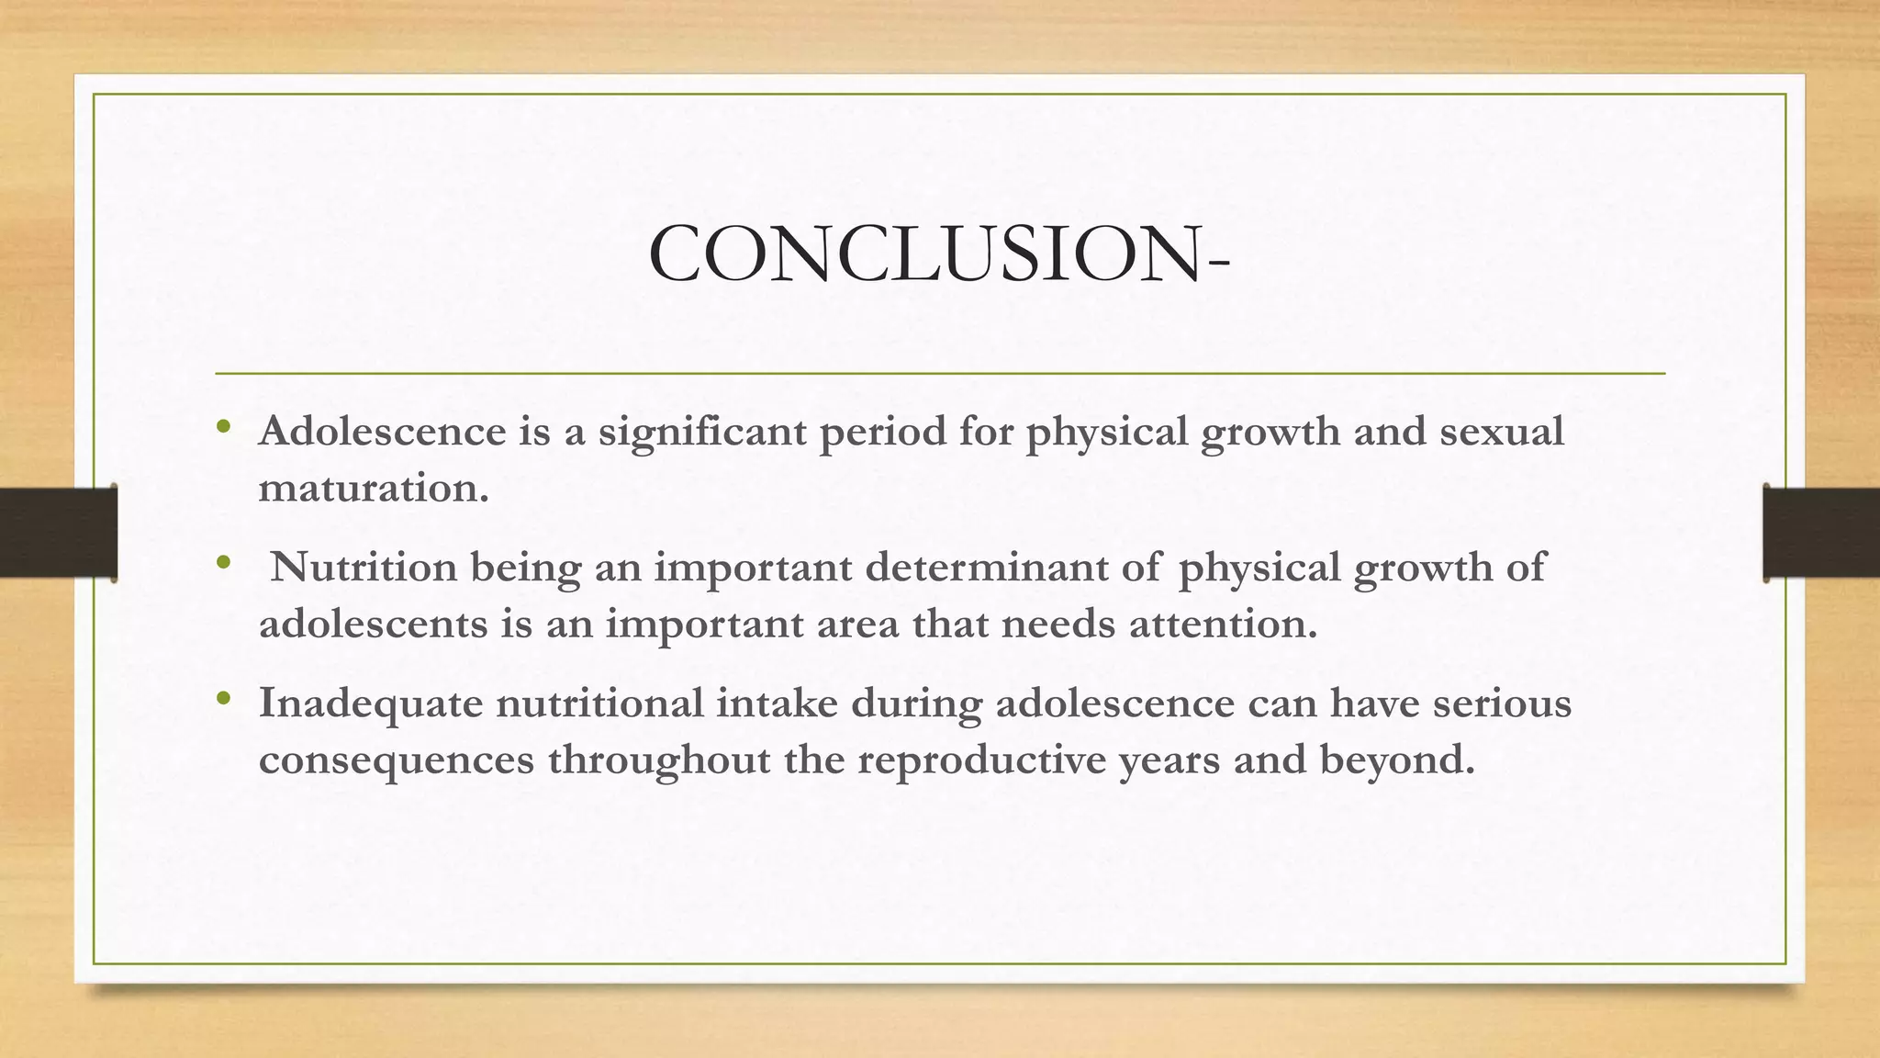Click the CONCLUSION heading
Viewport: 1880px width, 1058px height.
pyautogui.click(x=938, y=254)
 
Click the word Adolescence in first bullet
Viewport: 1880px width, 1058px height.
pyautogui.click(x=382, y=431)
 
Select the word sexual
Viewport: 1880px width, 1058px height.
pyautogui.click(x=1501, y=431)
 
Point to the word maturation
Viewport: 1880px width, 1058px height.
pyautogui.click(x=373, y=488)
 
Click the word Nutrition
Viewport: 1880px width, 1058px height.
pyautogui.click(x=364, y=567)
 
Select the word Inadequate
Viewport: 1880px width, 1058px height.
pyautogui.click(x=371, y=704)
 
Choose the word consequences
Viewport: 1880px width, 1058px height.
pyautogui.click(x=396, y=760)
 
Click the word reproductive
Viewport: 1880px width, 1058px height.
pyautogui.click(x=981, y=761)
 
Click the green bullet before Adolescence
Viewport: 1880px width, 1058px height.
pyautogui.click(x=222, y=428)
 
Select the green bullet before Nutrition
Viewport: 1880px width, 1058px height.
pyautogui.click(x=222, y=563)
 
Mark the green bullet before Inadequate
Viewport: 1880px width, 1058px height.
pyautogui.click(x=222, y=700)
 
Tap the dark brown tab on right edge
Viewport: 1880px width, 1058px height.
pyautogui.click(x=1821, y=533)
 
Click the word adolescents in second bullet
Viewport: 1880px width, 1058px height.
pyautogui.click(x=373, y=625)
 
